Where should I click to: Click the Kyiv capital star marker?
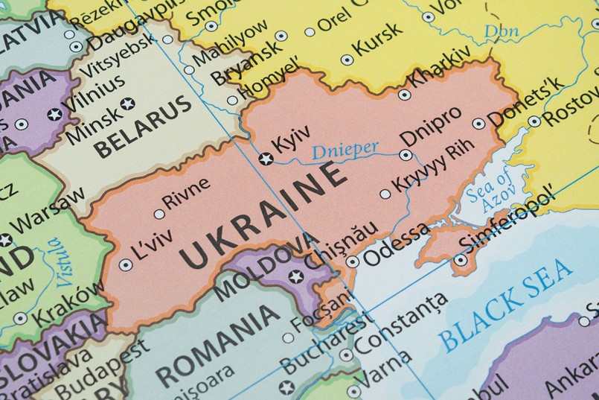tap(265, 158)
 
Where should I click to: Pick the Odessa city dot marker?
tap(352, 261)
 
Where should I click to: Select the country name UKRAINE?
tap(264, 215)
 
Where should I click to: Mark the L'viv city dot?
tap(125, 264)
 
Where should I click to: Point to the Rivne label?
tap(185, 200)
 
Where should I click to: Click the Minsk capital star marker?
tap(128, 103)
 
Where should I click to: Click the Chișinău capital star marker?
tap(296, 277)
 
